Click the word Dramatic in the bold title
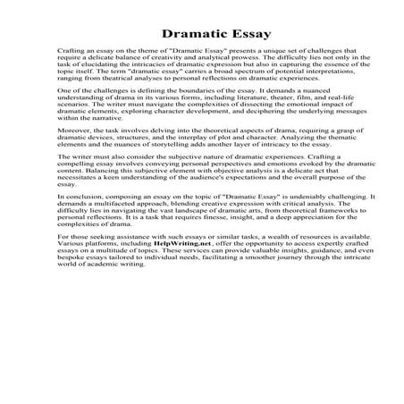coord(178,35)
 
